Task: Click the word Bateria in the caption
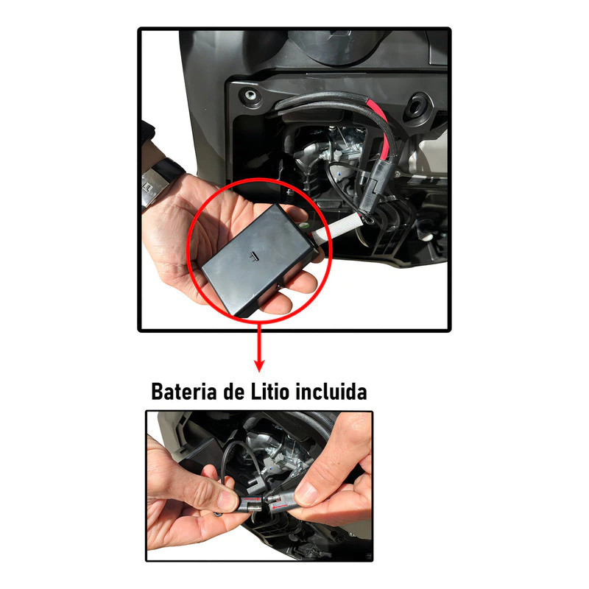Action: [184, 392]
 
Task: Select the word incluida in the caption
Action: [331, 392]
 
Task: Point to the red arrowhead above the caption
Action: [259, 365]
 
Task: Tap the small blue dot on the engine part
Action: [339, 174]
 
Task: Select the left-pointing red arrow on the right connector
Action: [280, 507]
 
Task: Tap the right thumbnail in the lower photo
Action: [306, 493]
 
